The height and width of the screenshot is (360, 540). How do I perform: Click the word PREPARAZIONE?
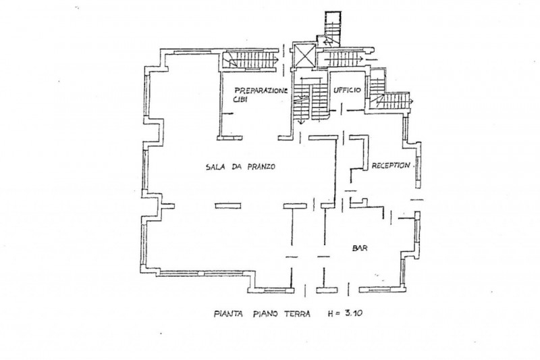[x=261, y=91]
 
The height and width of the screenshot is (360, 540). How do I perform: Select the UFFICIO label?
[x=347, y=91]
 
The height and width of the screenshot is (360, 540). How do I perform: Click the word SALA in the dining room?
[x=216, y=167]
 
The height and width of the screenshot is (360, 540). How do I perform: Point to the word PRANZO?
[x=261, y=167]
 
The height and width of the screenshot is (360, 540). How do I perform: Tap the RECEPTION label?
[x=391, y=165]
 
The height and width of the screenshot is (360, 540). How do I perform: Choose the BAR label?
[x=360, y=248]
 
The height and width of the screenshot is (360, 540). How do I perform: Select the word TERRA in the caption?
[x=297, y=314]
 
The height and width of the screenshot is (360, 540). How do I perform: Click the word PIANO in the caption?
[x=265, y=314]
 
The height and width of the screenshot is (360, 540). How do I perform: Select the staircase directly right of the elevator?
[x=341, y=59]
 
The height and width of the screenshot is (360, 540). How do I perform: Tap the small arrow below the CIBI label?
[x=227, y=113]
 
